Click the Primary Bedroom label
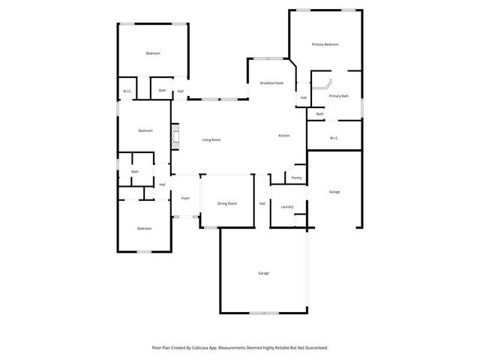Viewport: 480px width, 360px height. (x=325, y=45)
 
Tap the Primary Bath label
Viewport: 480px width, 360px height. (x=339, y=96)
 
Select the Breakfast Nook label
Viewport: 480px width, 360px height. (x=271, y=82)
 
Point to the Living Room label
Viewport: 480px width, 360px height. (x=211, y=139)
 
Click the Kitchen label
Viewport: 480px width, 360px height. (x=283, y=135)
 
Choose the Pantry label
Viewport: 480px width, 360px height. (x=296, y=178)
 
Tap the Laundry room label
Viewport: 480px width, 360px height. (x=286, y=207)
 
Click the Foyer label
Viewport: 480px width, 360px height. (x=185, y=198)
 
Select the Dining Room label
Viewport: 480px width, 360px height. (x=227, y=203)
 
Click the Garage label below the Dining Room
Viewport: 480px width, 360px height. (x=263, y=273)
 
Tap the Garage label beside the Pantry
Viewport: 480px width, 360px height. (x=334, y=192)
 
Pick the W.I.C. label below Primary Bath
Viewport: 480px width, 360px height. (x=334, y=137)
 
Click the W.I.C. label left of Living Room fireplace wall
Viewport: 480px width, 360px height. (x=127, y=91)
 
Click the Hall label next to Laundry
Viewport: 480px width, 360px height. (x=262, y=203)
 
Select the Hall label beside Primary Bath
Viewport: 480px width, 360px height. (x=304, y=97)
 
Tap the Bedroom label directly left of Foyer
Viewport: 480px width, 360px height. (x=143, y=228)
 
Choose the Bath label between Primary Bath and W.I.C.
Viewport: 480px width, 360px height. (x=319, y=114)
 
